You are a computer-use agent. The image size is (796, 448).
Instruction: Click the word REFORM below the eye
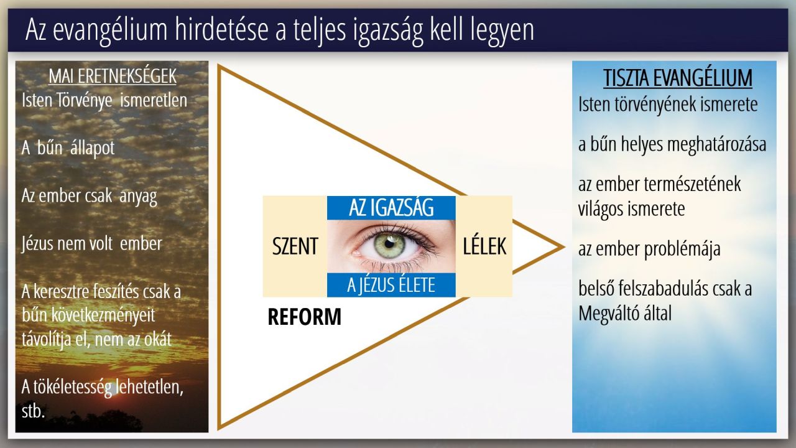(x=304, y=317)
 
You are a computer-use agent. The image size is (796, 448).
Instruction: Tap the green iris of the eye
(x=389, y=245)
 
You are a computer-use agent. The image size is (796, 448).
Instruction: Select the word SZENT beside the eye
(x=295, y=246)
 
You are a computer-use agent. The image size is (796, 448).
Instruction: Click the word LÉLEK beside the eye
(x=484, y=246)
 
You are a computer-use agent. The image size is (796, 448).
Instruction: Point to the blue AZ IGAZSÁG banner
(x=391, y=208)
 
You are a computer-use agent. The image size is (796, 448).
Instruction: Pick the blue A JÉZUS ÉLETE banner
(x=391, y=285)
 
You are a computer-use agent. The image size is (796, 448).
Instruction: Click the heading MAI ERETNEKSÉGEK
(x=113, y=76)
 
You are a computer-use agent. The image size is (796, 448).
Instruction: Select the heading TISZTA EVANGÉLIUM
(x=678, y=78)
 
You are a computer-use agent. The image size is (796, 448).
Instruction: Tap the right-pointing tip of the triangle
(x=564, y=247)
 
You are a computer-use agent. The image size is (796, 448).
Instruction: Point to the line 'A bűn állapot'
(x=68, y=148)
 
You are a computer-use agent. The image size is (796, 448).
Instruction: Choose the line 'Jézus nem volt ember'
(x=91, y=244)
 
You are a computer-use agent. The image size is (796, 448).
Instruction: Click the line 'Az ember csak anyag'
(x=89, y=196)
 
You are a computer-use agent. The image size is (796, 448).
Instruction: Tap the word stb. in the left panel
(x=33, y=411)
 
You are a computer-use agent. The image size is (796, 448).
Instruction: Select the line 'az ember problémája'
(x=649, y=249)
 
